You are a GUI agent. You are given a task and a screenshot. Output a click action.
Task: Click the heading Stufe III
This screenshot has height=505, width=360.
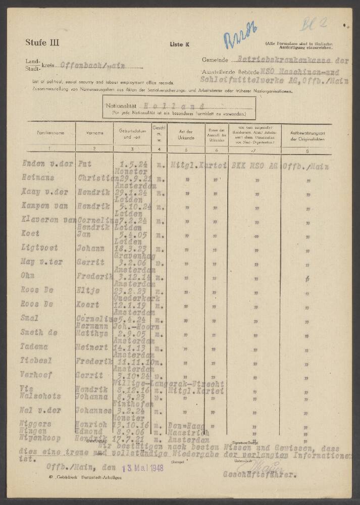click(42, 42)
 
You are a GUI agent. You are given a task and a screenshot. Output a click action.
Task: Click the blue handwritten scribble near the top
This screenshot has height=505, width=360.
click(236, 39)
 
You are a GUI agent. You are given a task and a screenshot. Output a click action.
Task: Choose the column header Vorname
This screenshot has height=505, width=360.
click(94, 133)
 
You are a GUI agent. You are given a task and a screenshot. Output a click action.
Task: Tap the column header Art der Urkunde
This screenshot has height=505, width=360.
click(186, 133)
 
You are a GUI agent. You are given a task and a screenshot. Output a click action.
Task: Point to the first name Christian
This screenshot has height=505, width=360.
click(94, 178)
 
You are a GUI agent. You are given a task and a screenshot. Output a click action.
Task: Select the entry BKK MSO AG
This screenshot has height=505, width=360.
click(252, 164)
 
